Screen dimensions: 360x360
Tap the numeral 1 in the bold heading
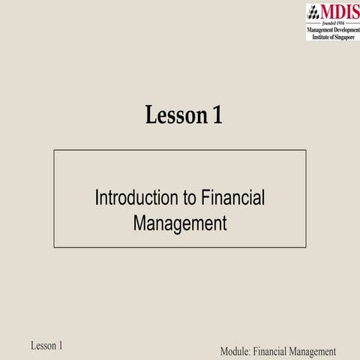point(217,116)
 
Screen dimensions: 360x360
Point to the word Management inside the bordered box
point(180,223)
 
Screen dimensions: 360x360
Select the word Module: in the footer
point(235,351)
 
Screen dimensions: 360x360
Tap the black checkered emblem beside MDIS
point(313,13)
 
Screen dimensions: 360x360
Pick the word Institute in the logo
point(320,36)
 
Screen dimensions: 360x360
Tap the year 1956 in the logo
point(341,23)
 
